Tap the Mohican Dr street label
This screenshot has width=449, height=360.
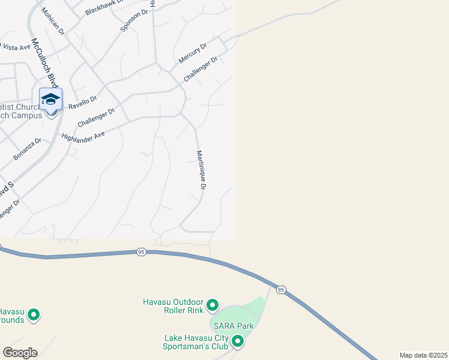tap(53, 22)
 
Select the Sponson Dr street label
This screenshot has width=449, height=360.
tap(134, 21)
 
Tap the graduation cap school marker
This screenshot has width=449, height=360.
tap(51, 99)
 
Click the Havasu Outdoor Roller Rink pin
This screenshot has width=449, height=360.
tap(212, 306)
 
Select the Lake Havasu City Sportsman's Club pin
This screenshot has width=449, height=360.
tap(238, 341)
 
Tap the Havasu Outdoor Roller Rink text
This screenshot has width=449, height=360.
tap(173, 306)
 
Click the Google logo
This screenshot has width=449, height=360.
tap(20, 353)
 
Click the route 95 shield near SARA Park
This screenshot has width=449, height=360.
tap(281, 290)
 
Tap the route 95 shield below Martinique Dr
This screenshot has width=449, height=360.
tap(141, 251)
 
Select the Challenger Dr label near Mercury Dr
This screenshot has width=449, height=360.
tap(200, 69)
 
